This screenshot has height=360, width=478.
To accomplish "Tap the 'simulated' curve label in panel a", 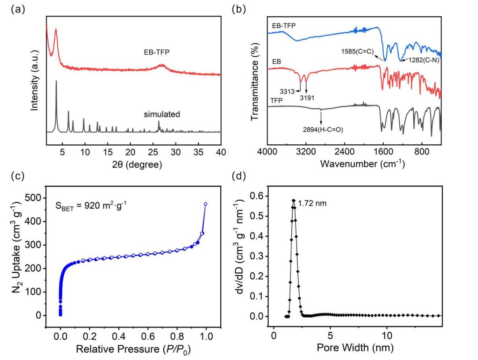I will pos(162,114).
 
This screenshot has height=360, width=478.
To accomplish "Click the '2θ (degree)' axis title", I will pos(134,164).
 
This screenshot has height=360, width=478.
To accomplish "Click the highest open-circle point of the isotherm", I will pos(205,204).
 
